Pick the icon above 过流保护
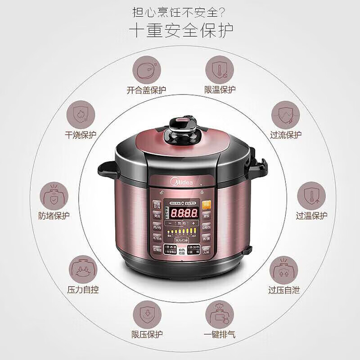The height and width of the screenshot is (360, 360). [x=286, y=116]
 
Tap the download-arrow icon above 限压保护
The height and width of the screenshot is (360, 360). [x=147, y=314]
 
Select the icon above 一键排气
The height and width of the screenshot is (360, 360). [x=219, y=314]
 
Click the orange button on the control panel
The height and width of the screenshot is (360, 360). [x=207, y=203]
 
